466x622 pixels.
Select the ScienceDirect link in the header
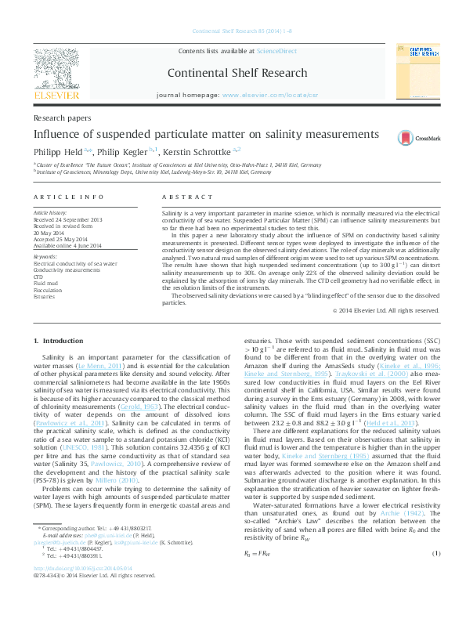(278, 51)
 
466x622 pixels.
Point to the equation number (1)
(436, 554)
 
